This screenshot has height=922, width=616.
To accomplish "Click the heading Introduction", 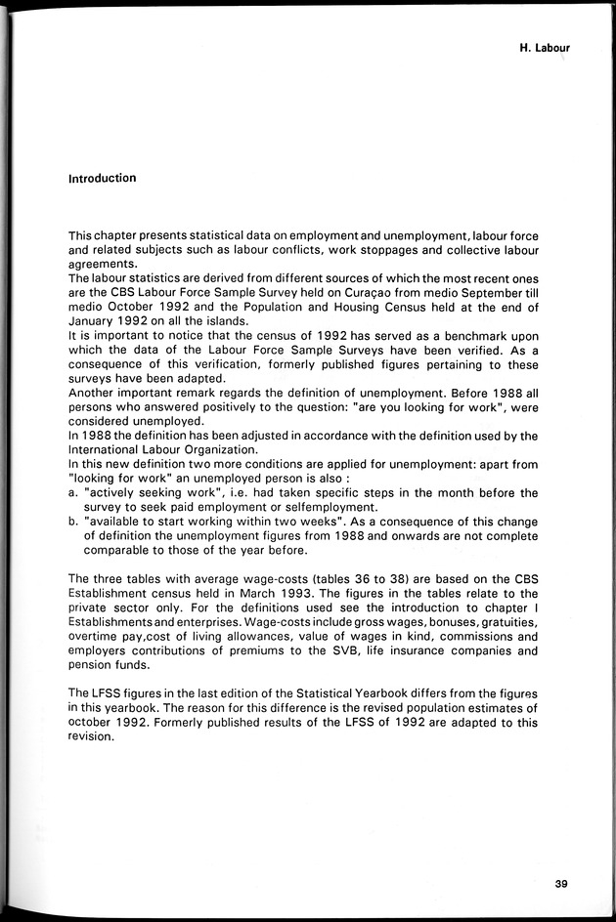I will pos(102,179).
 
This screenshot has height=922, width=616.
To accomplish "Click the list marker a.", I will pos(73,493).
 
